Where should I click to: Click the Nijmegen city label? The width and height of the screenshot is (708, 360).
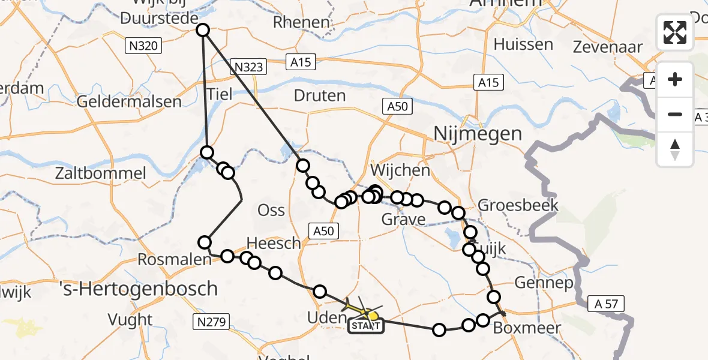click(478, 133)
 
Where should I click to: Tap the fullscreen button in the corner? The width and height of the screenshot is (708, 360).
click(675, 32)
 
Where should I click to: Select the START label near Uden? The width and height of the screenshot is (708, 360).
click(365, 326)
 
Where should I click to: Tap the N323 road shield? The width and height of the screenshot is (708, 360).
click(249, 68)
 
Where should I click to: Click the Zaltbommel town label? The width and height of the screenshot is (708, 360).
click(100, 174)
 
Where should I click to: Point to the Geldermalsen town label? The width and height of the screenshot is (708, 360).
click(129, 101)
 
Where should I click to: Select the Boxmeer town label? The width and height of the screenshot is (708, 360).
click(526, 329)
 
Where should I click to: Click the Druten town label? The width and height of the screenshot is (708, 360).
click(320, 96)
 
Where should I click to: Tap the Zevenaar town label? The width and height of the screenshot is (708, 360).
click(608, 47)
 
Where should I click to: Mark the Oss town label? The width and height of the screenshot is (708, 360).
click(271, 211)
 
